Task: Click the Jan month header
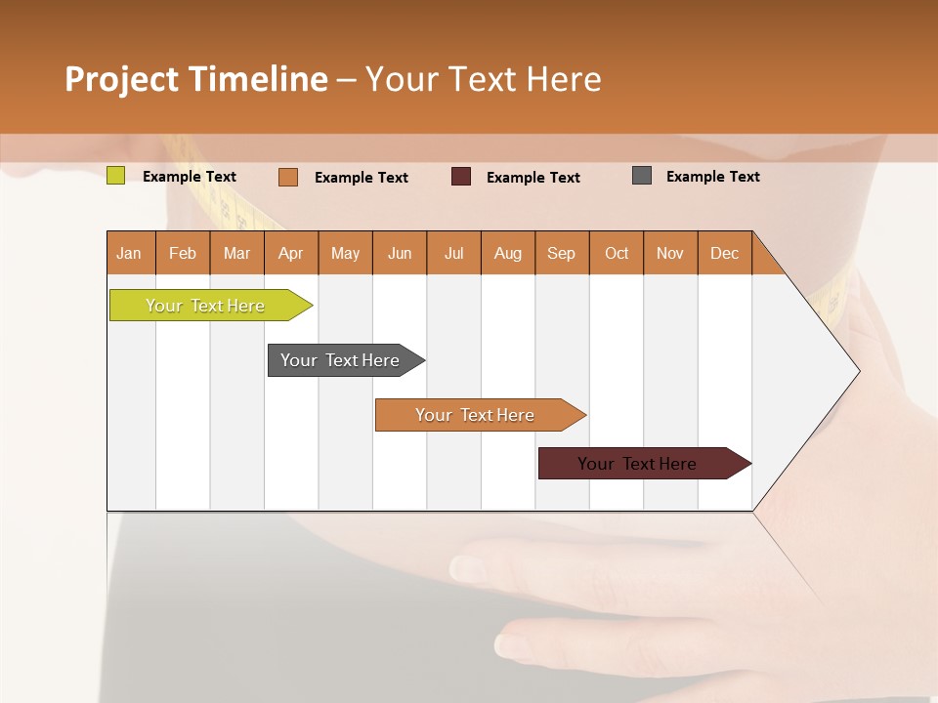tap(129, 253)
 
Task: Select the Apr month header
tap(290, 253)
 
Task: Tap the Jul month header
tap(453, 253)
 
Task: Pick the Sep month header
tap(561, 253)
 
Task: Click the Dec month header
tap(724, 253)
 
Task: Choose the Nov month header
tap(669, 253)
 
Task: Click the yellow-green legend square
tap(115, 176)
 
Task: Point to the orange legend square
tap(287, 177)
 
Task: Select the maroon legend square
tap(460, 177)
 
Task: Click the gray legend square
tap(641, 176)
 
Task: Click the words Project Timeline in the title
tap(195, 79)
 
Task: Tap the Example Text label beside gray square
tap(712, 177)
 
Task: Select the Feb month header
tap(183, 253)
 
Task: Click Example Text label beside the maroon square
tap(533, 178)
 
